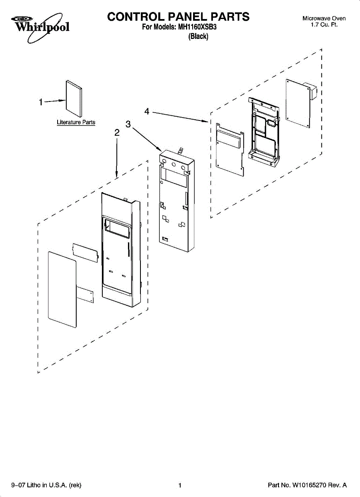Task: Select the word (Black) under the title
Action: pyautogui.click(x=198, y=36)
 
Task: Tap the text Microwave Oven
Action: pyautogui.click(x=324, y=19)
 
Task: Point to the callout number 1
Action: pyautogui.click(x=41, y=102)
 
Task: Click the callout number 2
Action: pyautogui.click(x=117, y=133)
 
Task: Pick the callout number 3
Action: pyautogui.click(x=128, y=124)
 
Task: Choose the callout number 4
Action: pyautogui.click(x=147, y=111)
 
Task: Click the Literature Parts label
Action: pyautogui.click(x=76, y=123)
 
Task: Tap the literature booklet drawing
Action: pyautogui.click(x=74, y=98)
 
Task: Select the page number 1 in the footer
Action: pyautogui.click(x=180, y=485)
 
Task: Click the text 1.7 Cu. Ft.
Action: pyautogui.click(x=324, y=25)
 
